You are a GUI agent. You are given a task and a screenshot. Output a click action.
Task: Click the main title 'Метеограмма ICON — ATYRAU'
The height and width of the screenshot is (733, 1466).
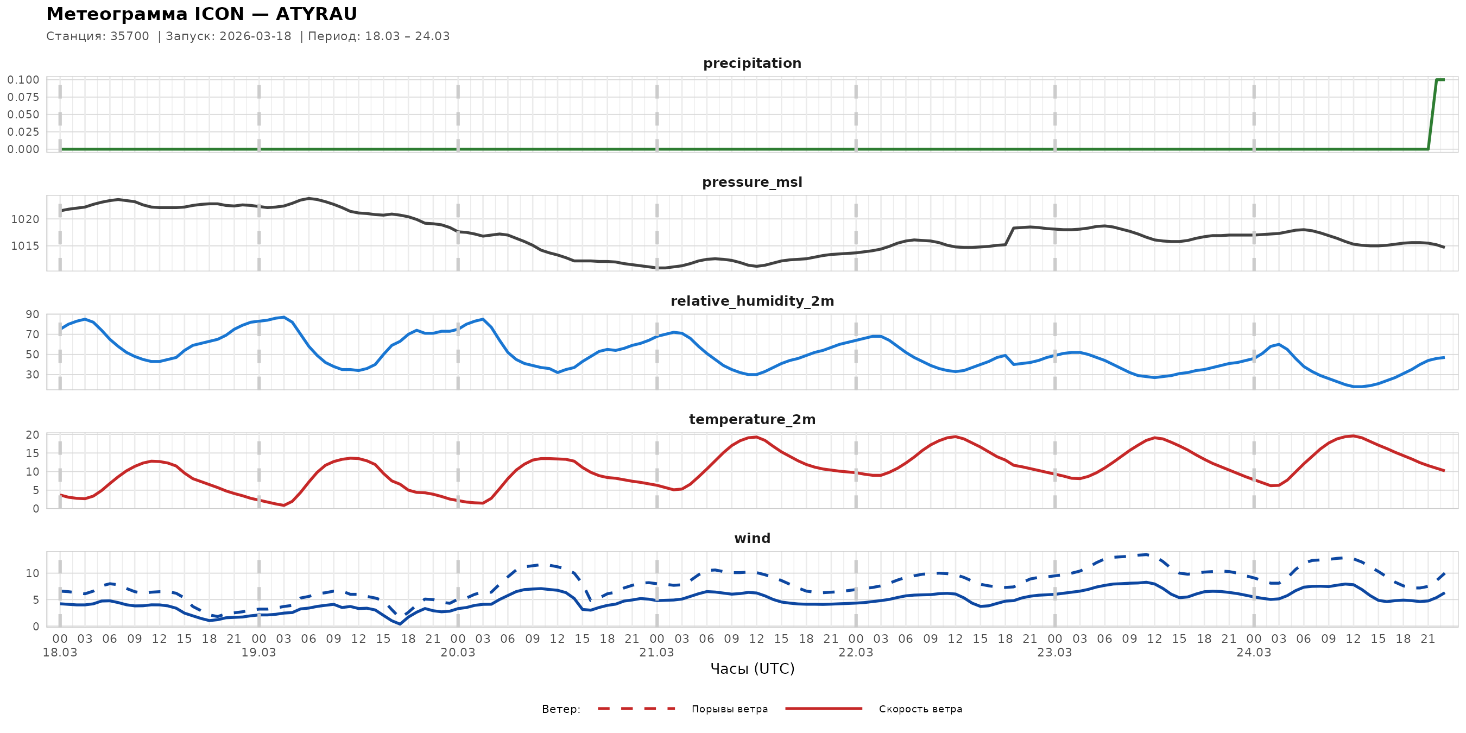201,14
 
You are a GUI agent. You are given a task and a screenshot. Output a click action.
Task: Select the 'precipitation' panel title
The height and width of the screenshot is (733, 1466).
752,63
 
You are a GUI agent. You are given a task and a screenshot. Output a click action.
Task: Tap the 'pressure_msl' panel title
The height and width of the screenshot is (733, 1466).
752,182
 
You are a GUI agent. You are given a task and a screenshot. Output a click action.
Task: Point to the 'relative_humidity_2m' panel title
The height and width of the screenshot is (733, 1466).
752,301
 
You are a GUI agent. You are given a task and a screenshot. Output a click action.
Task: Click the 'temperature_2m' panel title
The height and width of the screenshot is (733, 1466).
752,419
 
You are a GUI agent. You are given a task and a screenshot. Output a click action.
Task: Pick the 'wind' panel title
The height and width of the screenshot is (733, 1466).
752,539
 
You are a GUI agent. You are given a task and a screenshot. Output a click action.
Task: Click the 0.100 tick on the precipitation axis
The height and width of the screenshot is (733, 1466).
23,80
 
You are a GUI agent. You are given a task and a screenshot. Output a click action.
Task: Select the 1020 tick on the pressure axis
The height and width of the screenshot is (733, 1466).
26,219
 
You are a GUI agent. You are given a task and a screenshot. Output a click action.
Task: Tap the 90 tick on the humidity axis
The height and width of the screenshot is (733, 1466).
33,315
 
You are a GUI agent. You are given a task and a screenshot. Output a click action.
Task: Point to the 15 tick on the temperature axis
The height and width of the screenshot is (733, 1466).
33,453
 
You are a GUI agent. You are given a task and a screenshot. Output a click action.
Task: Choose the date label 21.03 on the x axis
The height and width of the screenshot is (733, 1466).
656,653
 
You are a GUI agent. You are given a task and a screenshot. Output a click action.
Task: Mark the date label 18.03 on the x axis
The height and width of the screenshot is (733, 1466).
60,653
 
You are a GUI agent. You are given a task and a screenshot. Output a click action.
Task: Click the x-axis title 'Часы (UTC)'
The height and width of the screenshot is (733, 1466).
752,669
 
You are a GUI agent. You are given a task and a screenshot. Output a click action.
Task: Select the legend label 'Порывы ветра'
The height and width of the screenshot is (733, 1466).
730,709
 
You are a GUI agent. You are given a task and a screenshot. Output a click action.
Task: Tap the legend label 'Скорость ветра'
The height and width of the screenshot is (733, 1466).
920,709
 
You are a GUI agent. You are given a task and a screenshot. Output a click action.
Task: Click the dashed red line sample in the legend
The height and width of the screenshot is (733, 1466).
636,709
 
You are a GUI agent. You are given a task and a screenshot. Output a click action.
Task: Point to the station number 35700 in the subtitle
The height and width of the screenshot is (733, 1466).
130,36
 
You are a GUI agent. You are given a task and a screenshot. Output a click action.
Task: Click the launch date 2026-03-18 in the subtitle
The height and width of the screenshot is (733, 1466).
255,36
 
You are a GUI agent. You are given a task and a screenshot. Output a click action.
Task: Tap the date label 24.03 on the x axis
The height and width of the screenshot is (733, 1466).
1253,653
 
